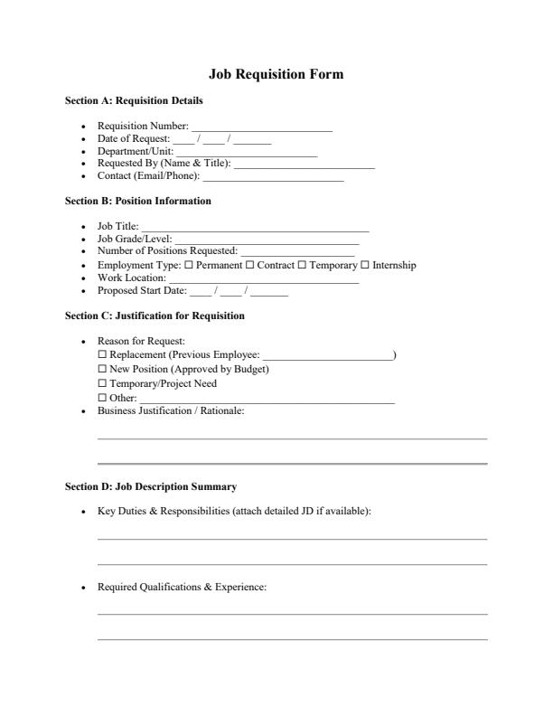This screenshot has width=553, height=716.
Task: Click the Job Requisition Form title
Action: pyautogui.click(x=276, y=74)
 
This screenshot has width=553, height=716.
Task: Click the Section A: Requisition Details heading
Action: pyautogui.click(x=134, y=100)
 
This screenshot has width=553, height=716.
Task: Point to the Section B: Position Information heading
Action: pyautogui.click(x=138, y=201)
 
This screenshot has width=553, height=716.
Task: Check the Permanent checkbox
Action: pyautogui.click(x=189, y=266)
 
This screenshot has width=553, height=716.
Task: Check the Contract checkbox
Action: pyautogui.click(x=250, y=266)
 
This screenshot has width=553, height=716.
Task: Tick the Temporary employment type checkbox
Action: pyautogui.click(x=303, y=266)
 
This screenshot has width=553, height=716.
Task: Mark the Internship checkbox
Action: pyautogui.click(x=365, y=266)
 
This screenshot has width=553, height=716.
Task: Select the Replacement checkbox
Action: pyautogui.click(x=102, y=355)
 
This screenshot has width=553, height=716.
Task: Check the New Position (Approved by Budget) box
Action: pyautogui.click(x=102, y=370)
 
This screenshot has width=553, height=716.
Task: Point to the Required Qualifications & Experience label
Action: pyautogui.click(x=182, y=588)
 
